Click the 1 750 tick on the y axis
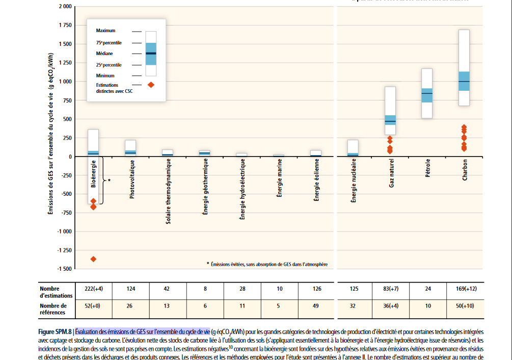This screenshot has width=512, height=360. [65, 25]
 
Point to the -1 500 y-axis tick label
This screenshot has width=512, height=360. [63, 269]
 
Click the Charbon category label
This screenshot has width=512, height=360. [465, 169]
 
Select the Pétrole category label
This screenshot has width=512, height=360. [427, 167]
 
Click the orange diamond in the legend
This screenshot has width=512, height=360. [151, 85]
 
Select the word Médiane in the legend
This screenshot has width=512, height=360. [104, 54]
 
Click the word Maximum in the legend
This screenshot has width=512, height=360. [105, 31]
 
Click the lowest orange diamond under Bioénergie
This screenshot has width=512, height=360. [93, 259]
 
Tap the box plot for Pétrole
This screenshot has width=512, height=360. [427, 94]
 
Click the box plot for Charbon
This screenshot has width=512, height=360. [464, 68]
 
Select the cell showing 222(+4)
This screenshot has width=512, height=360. [93, 289]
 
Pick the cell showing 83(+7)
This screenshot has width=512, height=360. [391, 289]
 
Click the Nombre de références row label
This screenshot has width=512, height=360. [56, 308]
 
